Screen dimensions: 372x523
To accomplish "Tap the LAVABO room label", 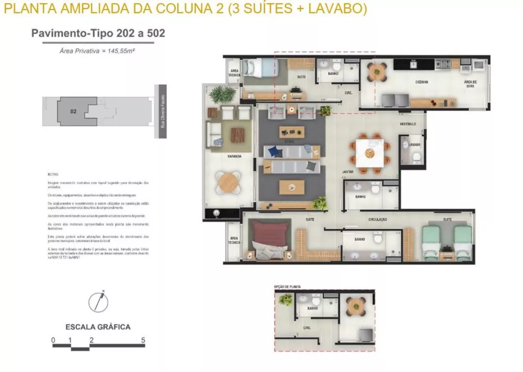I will tap(415, 144).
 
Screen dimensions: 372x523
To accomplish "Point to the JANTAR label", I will tap(348, 171).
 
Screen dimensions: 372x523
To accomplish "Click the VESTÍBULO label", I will tap(407, 124).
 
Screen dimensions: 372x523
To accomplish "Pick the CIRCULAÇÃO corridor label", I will tap(377, 219).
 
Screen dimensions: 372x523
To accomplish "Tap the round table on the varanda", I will tap(228, 183).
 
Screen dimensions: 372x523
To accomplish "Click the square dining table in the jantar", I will tap(370, 153).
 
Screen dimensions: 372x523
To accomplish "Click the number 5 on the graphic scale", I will tap(143, 341).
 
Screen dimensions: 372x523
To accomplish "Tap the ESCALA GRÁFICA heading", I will tap(98, 327).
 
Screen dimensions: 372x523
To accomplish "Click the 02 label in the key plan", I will tap(73, 111).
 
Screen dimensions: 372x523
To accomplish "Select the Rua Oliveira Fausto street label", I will tap(163, 111).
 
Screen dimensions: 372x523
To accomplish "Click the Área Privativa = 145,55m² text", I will tap(98, 51).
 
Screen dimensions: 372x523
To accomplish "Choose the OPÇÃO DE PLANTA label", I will tap(287, 287).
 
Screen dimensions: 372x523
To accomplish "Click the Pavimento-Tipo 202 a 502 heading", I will tap(98, 33).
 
